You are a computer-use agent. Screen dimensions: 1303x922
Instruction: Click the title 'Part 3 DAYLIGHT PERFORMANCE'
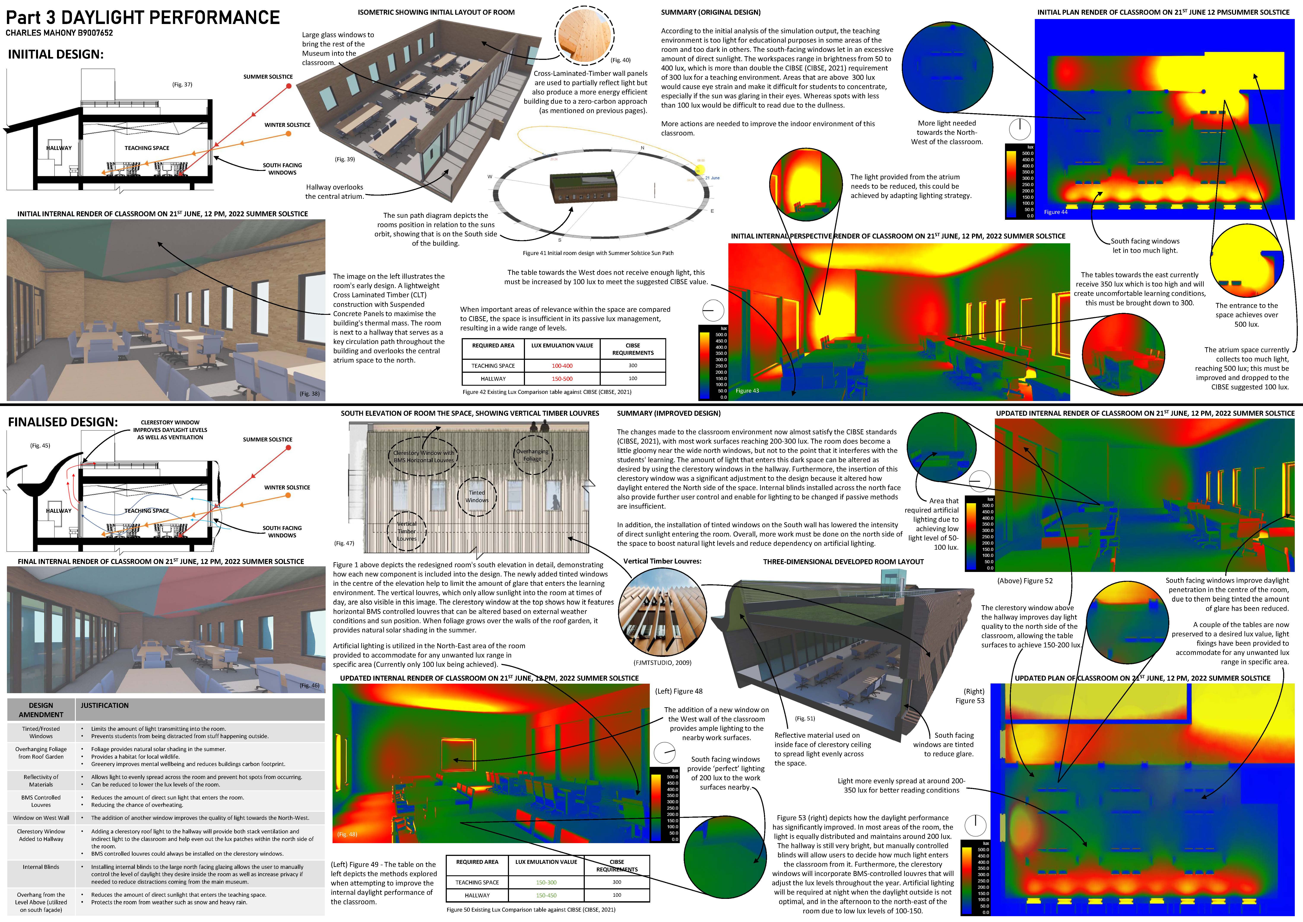coord(143,18)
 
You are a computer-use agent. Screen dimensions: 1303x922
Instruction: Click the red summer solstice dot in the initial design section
coord(289,86)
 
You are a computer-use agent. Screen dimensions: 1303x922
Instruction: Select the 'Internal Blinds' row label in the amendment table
coord(41,867)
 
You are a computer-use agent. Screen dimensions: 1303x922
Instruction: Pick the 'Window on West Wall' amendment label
coord(41,818)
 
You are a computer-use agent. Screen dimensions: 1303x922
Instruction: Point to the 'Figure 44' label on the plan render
coord(1056,212)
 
